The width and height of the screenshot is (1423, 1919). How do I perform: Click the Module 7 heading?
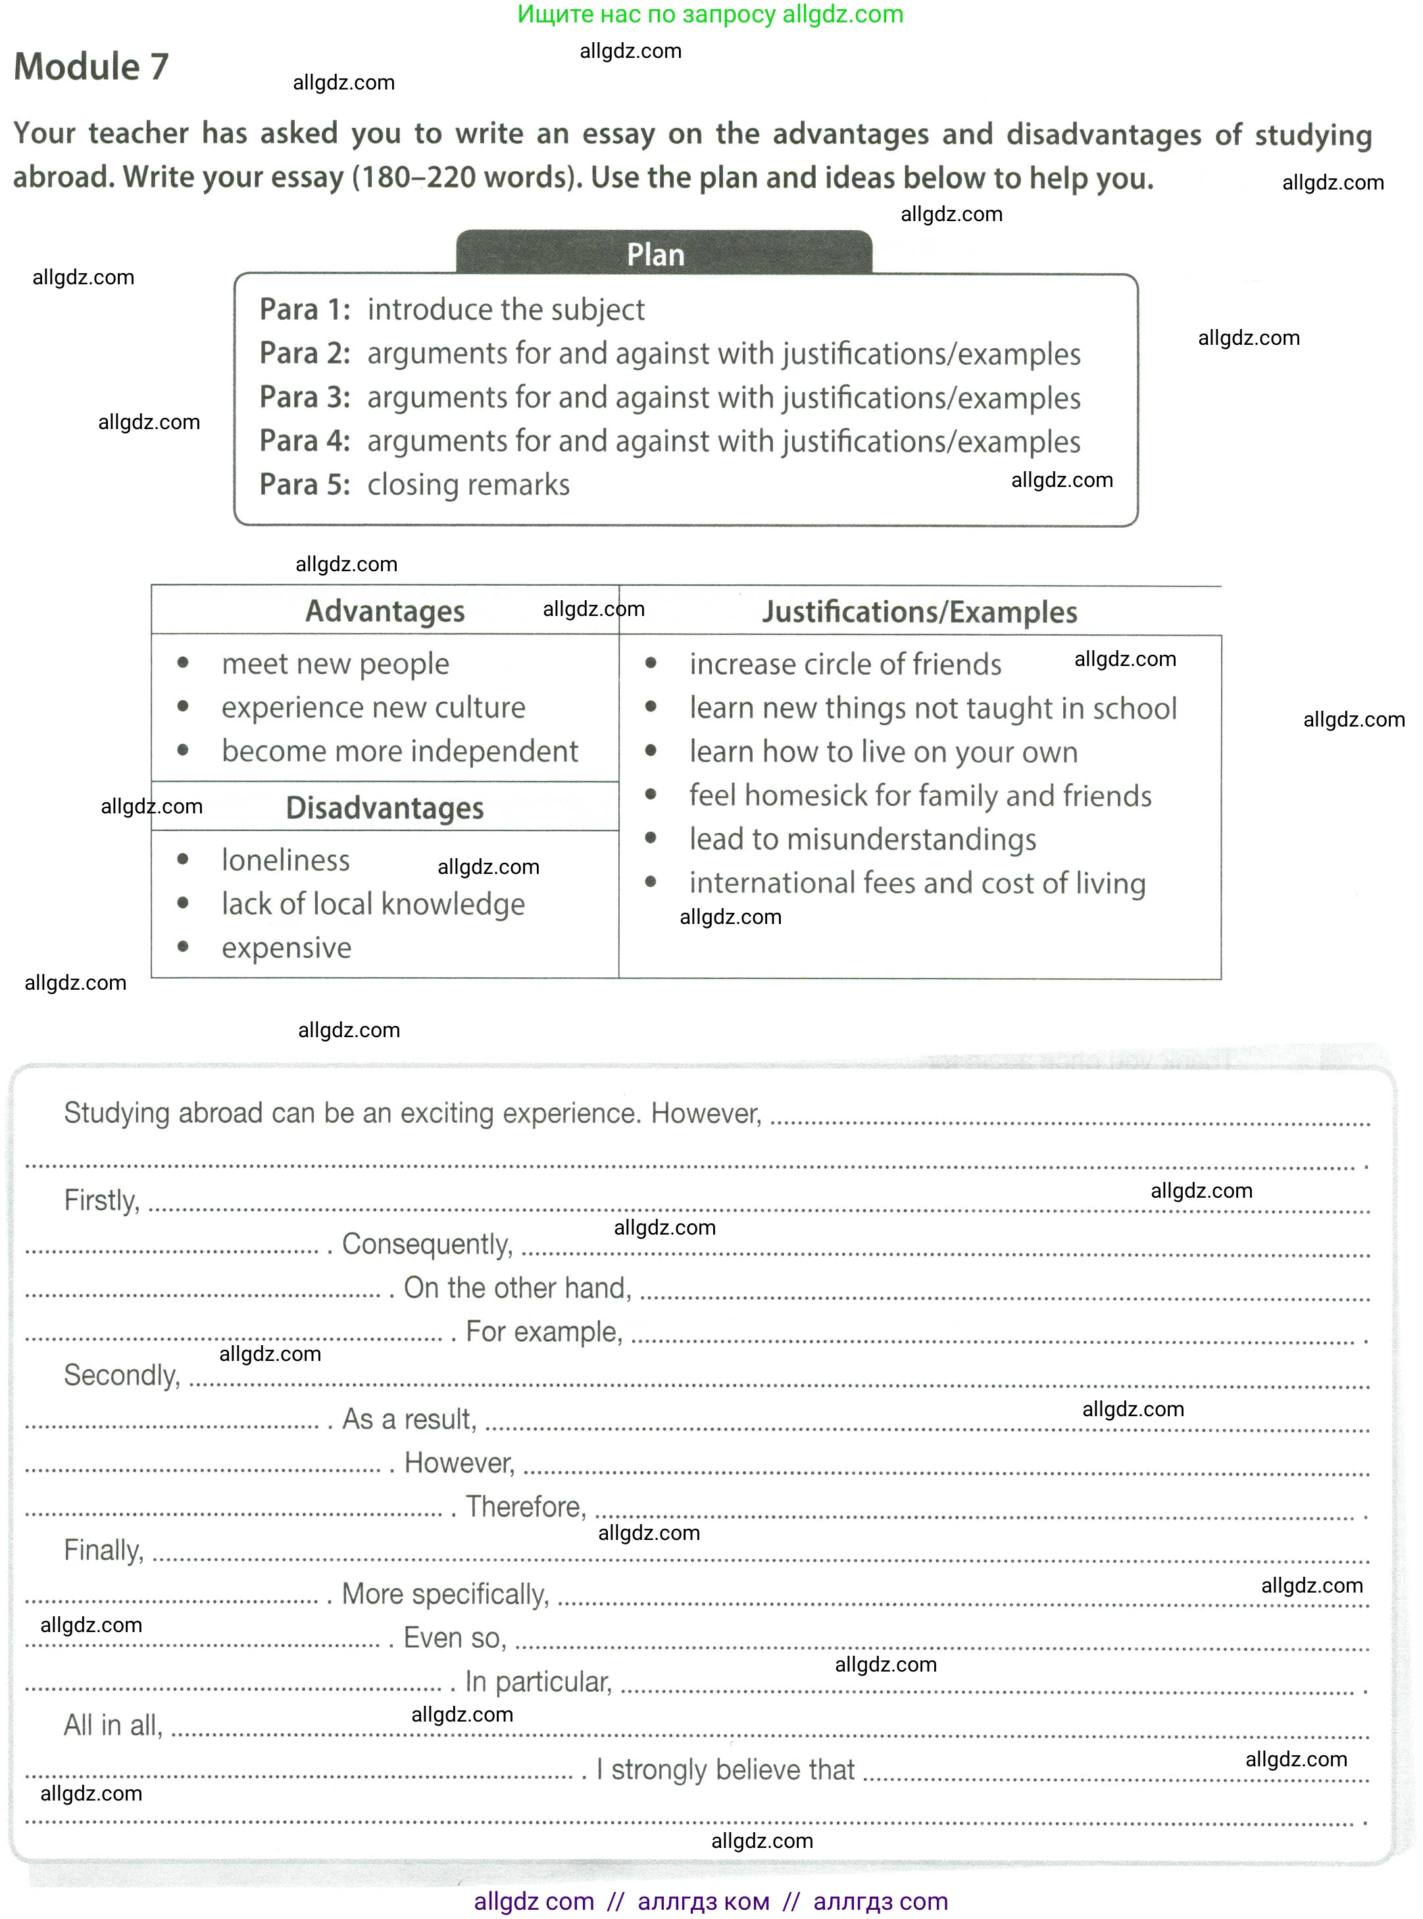coord(91,67)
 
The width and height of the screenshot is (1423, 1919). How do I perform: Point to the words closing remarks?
coord(468,484)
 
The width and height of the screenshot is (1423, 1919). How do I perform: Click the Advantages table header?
coord(384,611)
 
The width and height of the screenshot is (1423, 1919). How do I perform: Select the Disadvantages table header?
coord(384,807)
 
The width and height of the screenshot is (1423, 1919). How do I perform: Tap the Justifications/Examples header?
coord(919,612)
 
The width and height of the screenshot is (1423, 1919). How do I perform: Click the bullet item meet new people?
coord(335,663)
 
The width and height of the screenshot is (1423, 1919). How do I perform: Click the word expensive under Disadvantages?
coord(286,948)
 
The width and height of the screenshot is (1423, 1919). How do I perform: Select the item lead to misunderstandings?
coord(862,839)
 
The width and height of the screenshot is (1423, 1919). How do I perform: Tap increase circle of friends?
coord(845,665)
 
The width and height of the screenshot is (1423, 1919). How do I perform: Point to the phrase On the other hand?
coord(518,1287)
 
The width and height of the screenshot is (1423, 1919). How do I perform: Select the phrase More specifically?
coord(445,1594)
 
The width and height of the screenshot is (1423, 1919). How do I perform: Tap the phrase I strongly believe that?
coord(725,1769)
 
